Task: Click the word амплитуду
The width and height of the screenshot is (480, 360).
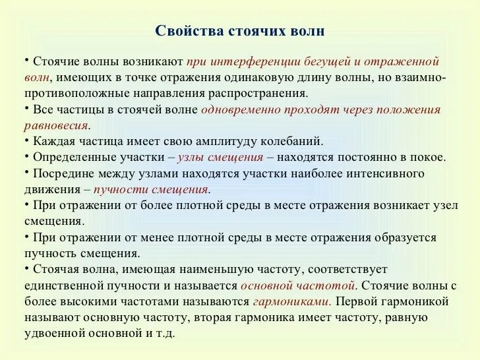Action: (229, 141)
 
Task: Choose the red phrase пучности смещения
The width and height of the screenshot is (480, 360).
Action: (151, 189)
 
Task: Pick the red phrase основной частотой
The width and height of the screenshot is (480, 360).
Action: (298, 285)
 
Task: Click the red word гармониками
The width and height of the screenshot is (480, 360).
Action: (291, 301)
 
